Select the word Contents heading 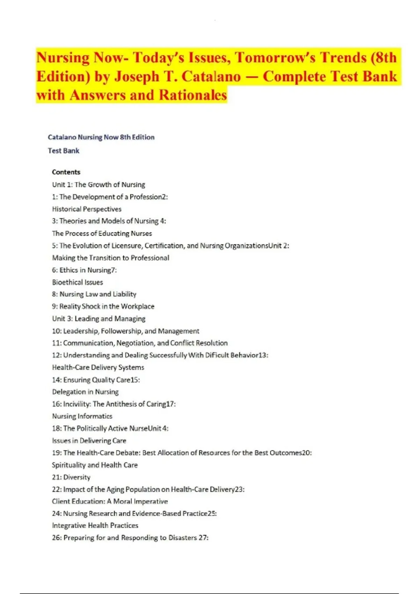click(x=66, y=172)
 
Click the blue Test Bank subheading click(x=64, y=151)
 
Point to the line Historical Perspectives click(x=87, y=209)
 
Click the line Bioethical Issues click(x=78, y=282)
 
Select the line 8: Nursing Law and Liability click(x=94, y=294)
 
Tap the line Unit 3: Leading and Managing click(x=98, y=319)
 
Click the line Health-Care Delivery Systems click(x=98, y=367)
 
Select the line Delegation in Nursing click(x=85, y=392)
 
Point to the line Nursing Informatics click(x=82, y=416)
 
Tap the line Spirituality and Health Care click(x=95, y=465)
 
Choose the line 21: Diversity click(x=71, y=477)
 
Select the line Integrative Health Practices click(x=95, y=526)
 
